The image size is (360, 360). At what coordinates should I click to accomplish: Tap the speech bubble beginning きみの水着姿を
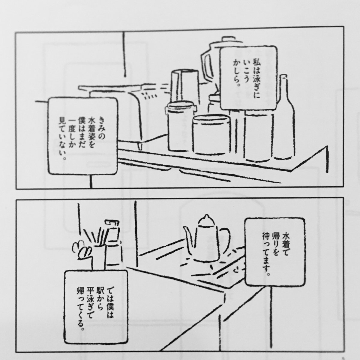coord(83,136)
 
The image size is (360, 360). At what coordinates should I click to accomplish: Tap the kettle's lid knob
coord(205,217)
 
